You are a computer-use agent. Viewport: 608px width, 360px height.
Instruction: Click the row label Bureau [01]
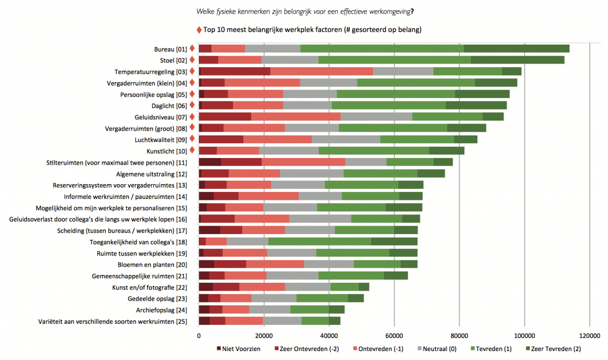(170, 49)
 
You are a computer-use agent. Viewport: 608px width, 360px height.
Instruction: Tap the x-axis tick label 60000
(394, 336)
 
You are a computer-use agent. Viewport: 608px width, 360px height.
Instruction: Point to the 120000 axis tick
(589, 336)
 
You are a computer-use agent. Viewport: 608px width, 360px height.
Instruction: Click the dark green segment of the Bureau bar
(517, 49)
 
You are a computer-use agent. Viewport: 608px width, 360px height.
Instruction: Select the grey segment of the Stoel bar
(290, 60)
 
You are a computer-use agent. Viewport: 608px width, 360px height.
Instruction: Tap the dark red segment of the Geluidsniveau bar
(225, 116)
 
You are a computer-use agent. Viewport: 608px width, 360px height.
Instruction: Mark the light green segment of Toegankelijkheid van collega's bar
(319, 241)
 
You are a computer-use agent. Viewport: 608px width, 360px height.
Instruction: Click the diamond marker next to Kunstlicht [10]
(192, 150)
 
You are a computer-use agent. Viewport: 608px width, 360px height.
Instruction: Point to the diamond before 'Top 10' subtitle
(198, 29)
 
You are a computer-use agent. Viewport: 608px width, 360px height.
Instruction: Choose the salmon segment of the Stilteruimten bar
(303, 162)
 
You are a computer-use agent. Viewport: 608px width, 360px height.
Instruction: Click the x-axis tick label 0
(199, 336)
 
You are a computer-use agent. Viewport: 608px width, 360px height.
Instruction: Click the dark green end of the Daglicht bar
(476, 105)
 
